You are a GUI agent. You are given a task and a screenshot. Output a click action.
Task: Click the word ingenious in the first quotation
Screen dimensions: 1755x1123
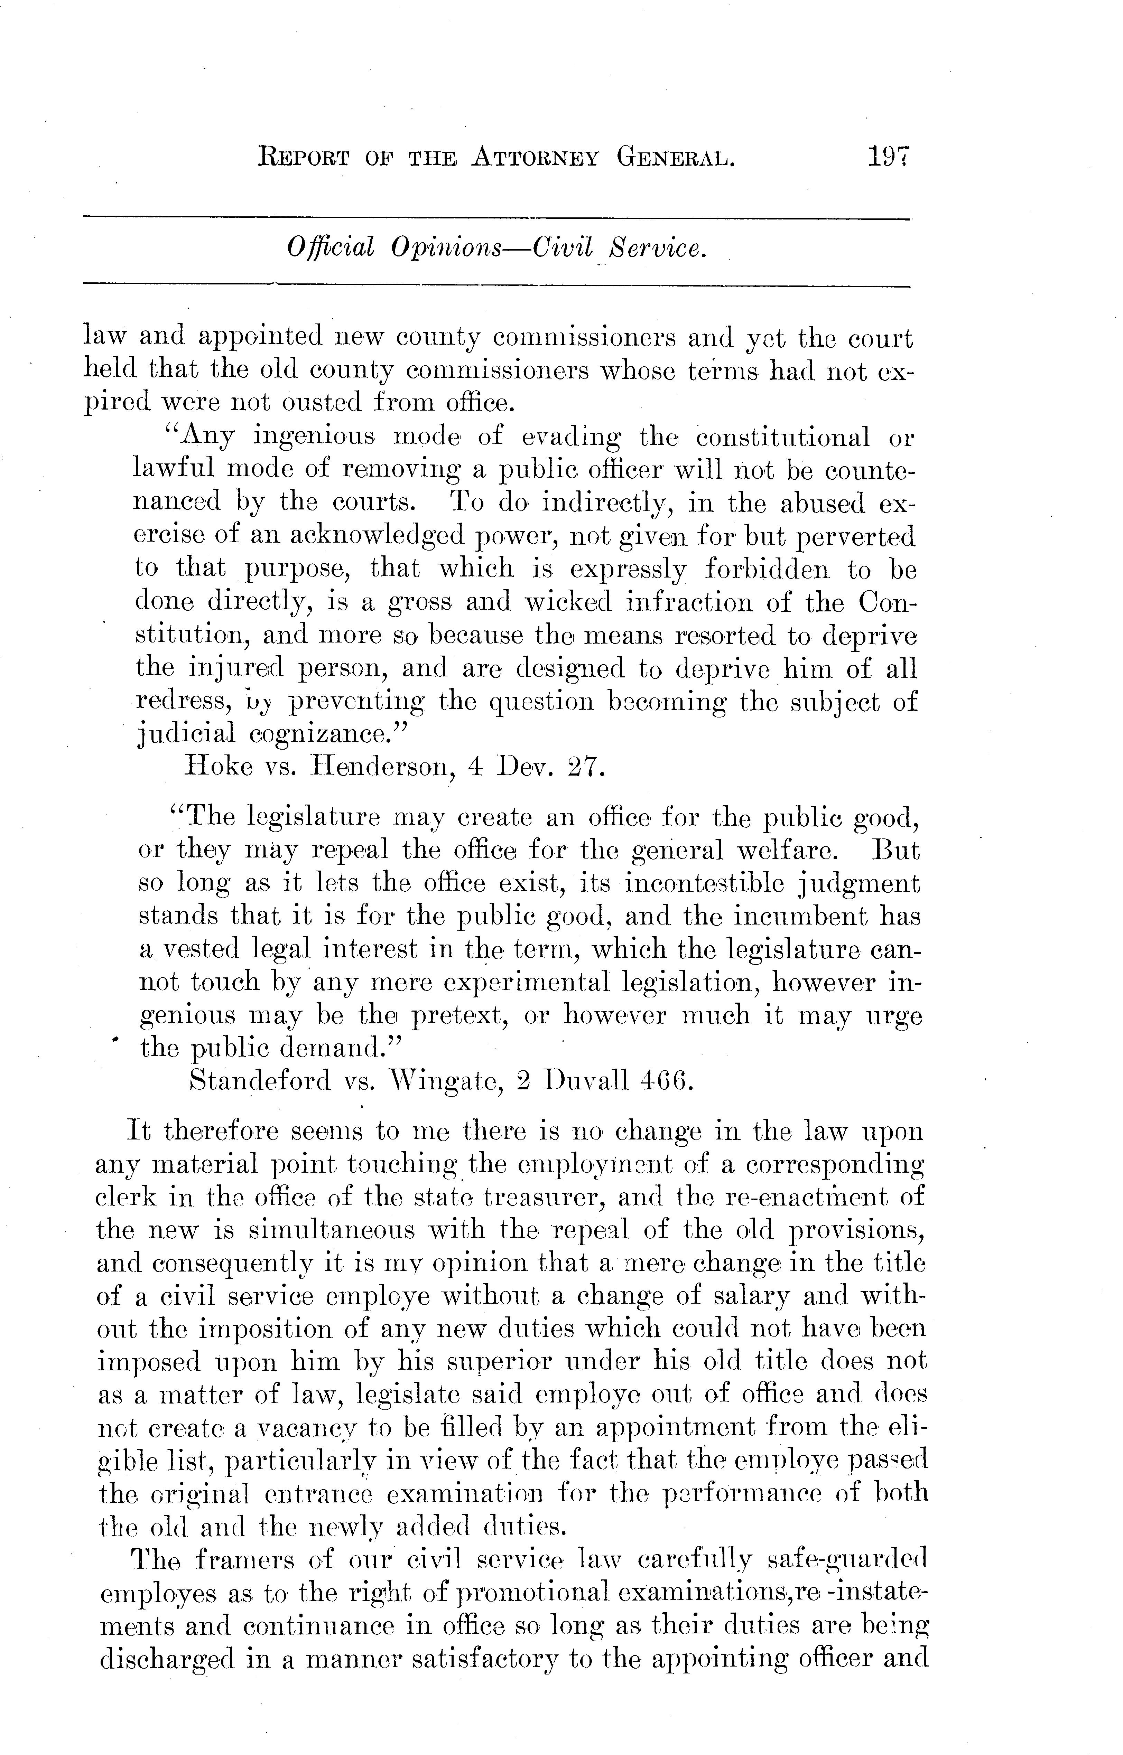pyautogui.click(x=314, y=438)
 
